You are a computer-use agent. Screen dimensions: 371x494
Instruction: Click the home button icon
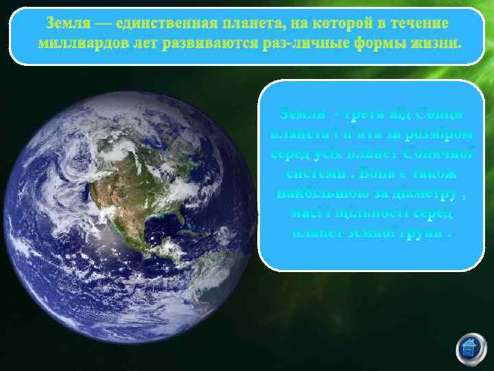(469, 348)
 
